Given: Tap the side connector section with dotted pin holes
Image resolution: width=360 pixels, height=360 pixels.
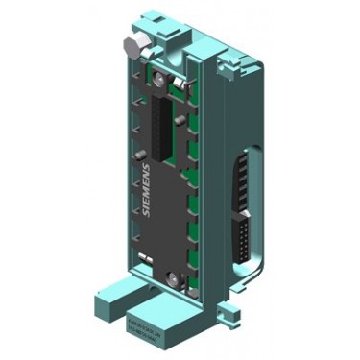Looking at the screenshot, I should click(x=244, y=230).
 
